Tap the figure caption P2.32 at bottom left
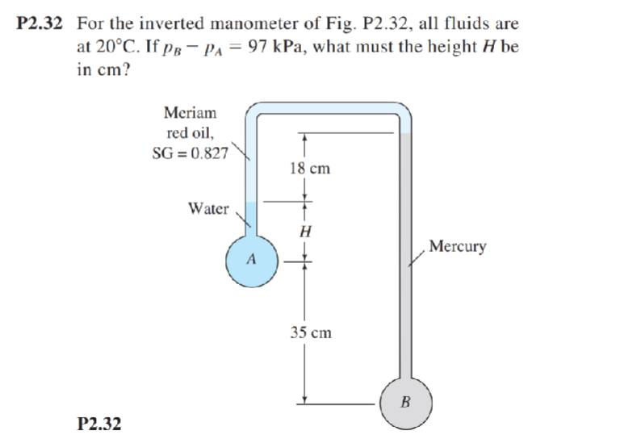click(x=99, y=421)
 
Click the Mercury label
click(x=457, y=246)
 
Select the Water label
click(x=207, y=208)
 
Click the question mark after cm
click(x=124, y=69)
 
